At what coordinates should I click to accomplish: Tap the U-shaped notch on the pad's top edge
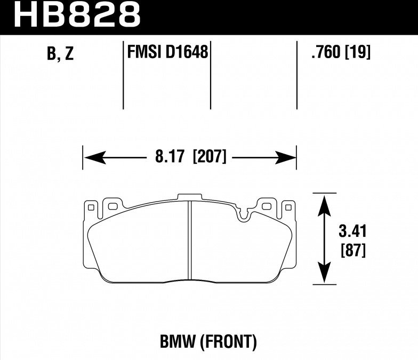click(245, 215)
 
